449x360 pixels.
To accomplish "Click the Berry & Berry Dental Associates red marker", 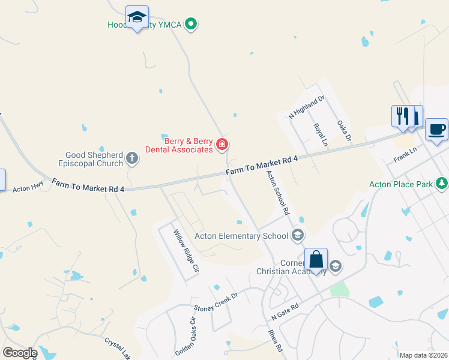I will pyautogui.click(x=221, y=144).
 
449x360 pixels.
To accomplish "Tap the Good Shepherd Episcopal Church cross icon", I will pyautogui.click(x=132, y=159).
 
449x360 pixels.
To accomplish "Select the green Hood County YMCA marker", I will pyautogui.click(x=191, y=25).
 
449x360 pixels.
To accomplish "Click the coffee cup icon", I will pyautogui.click(x=436, y=129).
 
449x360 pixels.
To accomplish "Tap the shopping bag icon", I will pyautogui.click(x=316, y=261).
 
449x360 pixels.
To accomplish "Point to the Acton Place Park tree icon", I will pyautogui.click(x=442, y=182).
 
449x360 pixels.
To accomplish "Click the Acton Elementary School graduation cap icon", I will pyautogui.click(x=297, y=235).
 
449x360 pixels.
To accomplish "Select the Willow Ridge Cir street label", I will pyautogui.click(x=185, y=252).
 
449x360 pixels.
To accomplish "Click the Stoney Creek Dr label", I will pyautogui.click(x=216, y=301).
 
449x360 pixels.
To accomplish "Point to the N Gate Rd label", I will pyautogui.click(x=285, y=311).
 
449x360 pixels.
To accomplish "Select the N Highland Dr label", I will pyautogui.click(x=307, y=107).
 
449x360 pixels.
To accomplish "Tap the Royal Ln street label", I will pyautogui.click(x=321, y=136).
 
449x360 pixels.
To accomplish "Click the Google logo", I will pyautogui.click(x=19, y=353).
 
